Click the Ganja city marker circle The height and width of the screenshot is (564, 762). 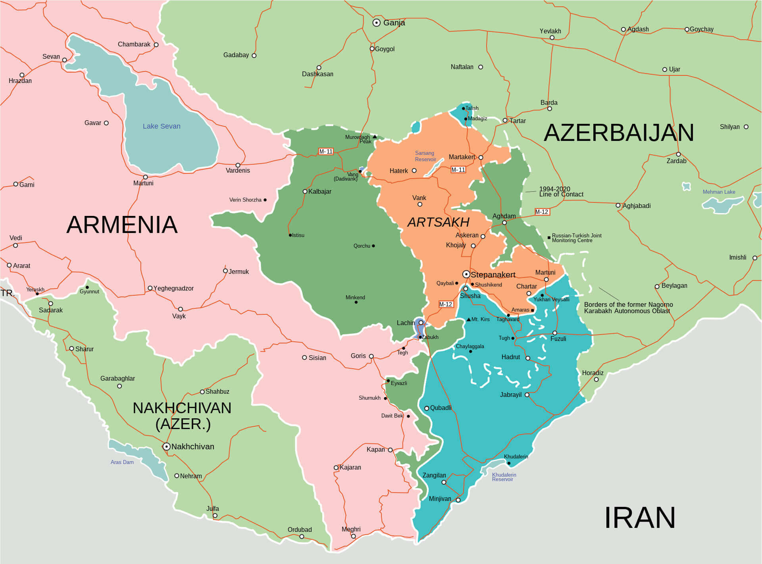[377, 23]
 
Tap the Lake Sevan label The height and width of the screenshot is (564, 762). [162, 126]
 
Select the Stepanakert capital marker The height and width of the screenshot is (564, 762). [466, 274]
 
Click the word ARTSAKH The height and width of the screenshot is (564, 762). [438, 222]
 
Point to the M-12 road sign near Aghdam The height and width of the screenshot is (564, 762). [542, 212]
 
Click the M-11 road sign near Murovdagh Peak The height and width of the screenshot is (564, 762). [326, 152]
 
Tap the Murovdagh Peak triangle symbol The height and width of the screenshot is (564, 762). [375, 137]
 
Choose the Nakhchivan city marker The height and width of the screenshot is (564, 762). [167, 447]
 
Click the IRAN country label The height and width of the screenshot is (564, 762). [639, 518]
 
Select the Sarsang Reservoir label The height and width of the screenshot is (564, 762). [425, 156]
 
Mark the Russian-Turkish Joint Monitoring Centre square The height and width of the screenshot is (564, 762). [549, 238]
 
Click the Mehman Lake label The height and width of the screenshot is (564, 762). [719, 192]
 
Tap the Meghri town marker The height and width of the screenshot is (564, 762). [354, 536]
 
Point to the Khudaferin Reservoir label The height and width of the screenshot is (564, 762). [504, 477]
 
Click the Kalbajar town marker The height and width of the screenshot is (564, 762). [305, 191]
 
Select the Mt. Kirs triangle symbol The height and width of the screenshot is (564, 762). [469, 319]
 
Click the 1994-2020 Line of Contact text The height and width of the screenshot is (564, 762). [561, 192]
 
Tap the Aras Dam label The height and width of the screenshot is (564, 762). [122, 462]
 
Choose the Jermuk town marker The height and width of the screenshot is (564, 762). [225, 271]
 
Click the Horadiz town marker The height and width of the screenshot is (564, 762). [596, 379]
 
